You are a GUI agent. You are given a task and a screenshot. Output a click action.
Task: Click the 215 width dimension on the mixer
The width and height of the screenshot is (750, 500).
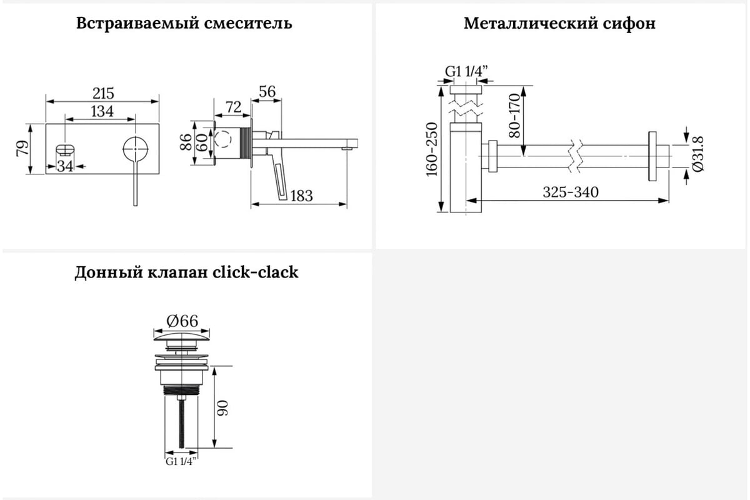tap(103, 93)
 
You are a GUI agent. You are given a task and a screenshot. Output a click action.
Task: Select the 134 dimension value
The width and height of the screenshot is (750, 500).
tap(102, 111)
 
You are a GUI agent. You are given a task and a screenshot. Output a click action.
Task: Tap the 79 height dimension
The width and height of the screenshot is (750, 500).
tap(22, 148)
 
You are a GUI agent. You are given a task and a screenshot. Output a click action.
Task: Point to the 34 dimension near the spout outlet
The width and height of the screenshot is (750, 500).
tap(65, 166)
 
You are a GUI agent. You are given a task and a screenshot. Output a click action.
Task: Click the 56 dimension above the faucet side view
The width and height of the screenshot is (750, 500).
tap(267, 92)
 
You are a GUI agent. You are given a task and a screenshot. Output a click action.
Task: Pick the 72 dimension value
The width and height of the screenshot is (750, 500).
tap(233, 107)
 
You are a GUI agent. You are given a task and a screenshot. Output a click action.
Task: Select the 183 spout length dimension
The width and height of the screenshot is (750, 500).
tap(301, 196)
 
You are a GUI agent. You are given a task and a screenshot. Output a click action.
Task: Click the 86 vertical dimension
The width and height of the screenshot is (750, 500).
tap(186, 142)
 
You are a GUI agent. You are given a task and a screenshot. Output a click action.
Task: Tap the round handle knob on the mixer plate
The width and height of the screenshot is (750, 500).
tap(136, 148)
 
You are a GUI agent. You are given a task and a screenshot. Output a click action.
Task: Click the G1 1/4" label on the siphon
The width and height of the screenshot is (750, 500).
tap(466, 71)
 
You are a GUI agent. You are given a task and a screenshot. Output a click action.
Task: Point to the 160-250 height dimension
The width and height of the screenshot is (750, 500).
tap(432, 149)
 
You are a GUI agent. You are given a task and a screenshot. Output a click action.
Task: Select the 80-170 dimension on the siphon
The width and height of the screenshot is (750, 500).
tap(514, 116)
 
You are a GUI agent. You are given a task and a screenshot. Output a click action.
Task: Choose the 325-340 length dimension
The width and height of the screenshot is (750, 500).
tap(571, 192)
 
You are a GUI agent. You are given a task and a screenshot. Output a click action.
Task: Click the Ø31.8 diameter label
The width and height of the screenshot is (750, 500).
tap(698, 154)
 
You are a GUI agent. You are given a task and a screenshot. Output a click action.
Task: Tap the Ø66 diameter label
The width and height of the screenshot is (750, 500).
tap(182, 321)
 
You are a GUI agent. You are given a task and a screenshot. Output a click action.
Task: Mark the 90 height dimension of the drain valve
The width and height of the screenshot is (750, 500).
tap(222, 408)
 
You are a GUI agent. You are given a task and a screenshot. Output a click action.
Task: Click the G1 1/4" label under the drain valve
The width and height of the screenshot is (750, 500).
tap(181, 461)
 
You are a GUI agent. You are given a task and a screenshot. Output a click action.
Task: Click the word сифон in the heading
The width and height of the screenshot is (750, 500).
tap(630, 24)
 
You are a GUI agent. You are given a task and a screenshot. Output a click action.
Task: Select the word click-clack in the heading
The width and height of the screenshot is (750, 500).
tap(255, 272)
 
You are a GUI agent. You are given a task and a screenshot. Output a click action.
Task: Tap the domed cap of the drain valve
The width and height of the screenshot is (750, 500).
tap(181, 337)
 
